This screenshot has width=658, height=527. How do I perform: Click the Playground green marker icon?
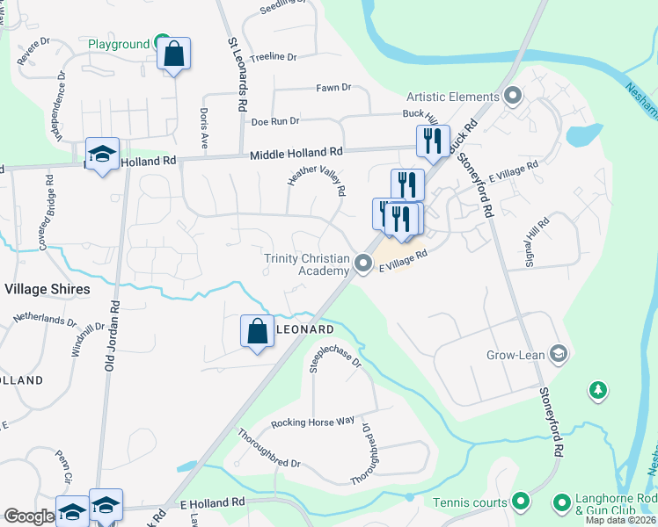coord(161,42)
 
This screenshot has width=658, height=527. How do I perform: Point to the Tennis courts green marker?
coord(520,502)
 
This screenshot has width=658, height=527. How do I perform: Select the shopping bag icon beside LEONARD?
coord(257,332)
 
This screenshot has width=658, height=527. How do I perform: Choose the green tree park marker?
coord(598,389)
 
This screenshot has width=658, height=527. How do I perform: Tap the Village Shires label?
coord(48,289)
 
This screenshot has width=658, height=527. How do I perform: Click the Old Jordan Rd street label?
coord(112,335)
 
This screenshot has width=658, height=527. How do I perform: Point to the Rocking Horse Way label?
coord(312,422)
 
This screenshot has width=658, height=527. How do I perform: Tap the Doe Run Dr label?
coord(275,121)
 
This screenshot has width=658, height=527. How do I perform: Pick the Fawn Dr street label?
coord(333,88)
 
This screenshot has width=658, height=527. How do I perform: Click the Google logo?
coord(28,516)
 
